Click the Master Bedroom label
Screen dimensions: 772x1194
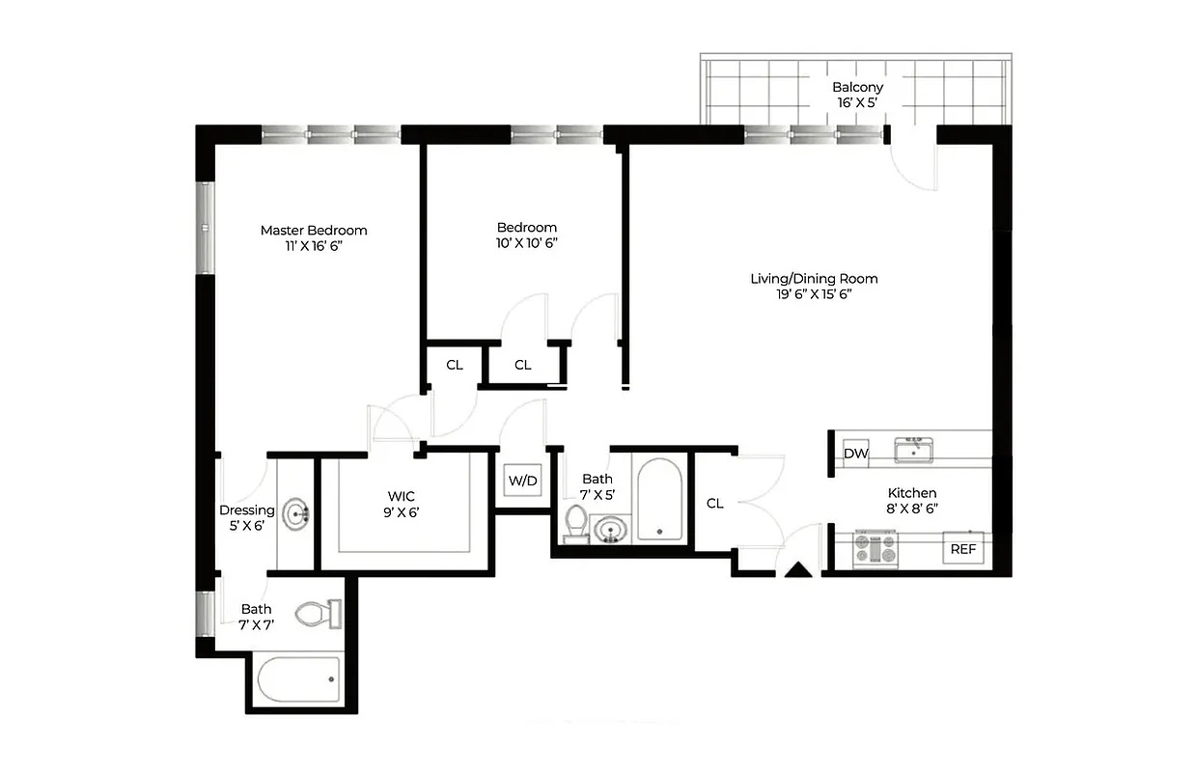314,237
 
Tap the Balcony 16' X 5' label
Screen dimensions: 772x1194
857,94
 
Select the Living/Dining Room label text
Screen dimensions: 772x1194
814,287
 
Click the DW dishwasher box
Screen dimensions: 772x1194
855,454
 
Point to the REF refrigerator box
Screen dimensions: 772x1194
963,548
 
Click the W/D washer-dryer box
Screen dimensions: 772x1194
522,481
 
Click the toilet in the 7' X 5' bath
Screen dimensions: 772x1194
576,523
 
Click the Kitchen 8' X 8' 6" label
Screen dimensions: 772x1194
912,501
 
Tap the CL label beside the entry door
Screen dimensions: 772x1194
714,503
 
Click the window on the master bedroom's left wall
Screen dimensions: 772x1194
205,227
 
